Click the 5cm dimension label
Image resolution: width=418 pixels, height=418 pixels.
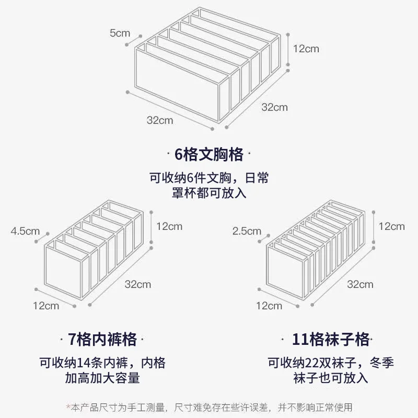coord(120,33)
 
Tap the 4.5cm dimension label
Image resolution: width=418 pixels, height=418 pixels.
coord(25,230)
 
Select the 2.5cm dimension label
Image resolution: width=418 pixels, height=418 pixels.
coord(247,230)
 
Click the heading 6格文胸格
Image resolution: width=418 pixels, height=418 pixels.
coord(209,155)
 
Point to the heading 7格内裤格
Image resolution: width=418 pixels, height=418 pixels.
coord(103,340)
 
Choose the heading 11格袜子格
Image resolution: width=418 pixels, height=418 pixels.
coord(324,340)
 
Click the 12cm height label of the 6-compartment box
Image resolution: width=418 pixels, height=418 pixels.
coord(306,49)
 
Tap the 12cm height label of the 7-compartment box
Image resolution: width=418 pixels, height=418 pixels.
coord(169,226)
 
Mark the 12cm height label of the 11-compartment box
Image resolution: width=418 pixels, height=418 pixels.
coord(391,226)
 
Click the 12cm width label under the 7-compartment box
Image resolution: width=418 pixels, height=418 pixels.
coord(46,306)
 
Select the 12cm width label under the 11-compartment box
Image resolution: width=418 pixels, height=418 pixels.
coord(269,306)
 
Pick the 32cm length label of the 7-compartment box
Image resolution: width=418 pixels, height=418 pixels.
coord(137,284)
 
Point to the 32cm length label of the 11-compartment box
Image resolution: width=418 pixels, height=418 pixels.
coord(360,284)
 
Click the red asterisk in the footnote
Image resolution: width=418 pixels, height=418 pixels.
coord(68,407)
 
